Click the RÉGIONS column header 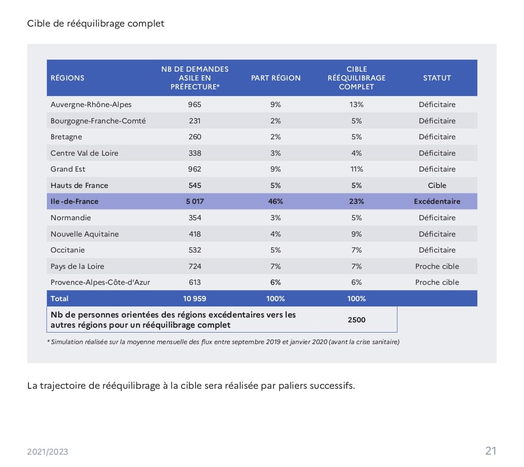pos(67,78)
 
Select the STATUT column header pos(437,78)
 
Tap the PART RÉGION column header pos(276,78)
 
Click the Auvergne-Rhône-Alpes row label pos(91,104)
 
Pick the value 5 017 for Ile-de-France pos(195,201)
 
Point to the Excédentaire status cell pos(437,201)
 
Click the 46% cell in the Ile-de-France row pos(275,201)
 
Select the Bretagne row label pos(66,137)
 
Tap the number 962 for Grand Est pos(195,169)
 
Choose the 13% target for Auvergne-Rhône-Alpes pos(356,104)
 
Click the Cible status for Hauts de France pos(437,185)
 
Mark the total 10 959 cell pos(195,299)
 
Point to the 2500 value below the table pos(356,320)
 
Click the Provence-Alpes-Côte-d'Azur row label pos(100,282)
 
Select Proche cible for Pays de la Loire pos(437,266)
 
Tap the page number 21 pos(491,451)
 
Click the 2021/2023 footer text pos(48,452)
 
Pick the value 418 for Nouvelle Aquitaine pos(195,234)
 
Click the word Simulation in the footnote pos(67,342)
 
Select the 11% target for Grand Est pos(356,169)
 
